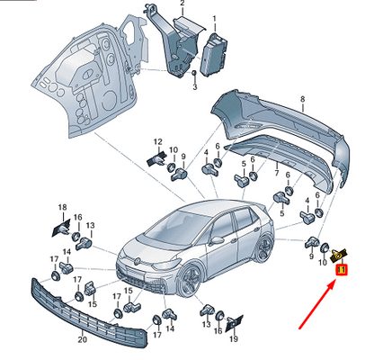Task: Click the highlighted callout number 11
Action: [x=341, y=270]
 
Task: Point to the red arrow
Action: [x=317, y=305]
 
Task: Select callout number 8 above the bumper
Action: [x=302, y=99]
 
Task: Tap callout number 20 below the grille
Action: [x=83, y=339]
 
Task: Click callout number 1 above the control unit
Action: [x=214, y=20]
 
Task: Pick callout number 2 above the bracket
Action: [x=183, y=4]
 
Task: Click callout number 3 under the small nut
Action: [x=195, y=87]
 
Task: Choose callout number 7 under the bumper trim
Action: [x=277, y=173]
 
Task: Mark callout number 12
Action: [x=158, y=141]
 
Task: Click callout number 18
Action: [x=62, y=207]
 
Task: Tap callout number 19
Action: [x=234, y=338]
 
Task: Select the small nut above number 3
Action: [x=194, y=73]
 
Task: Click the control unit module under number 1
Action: [x=213, y=55]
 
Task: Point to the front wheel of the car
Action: [x=189, y=280]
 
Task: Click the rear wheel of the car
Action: [x=263, y=249]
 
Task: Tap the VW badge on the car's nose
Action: [x=138, y=261]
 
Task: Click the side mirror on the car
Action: [x=218, y=240]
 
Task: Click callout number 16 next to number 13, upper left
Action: [x=77, y=217]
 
